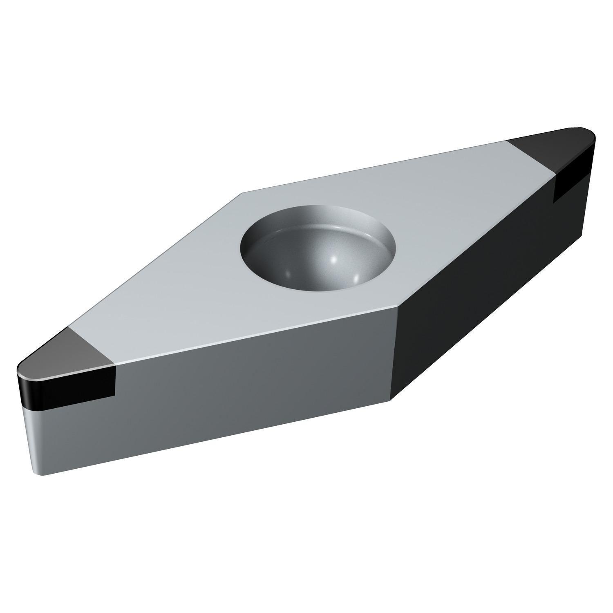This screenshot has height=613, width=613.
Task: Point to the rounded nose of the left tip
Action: pos(19,372)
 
